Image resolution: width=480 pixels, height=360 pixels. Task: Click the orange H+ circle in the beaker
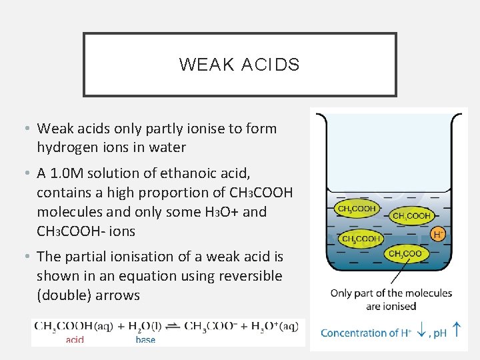439,234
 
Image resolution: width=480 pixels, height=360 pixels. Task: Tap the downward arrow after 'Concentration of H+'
421,331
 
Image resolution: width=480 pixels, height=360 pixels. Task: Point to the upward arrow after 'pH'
457,329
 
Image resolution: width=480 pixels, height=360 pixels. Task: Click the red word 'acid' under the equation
75,339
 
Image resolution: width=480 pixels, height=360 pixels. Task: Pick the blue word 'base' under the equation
145,339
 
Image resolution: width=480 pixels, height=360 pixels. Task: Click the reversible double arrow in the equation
172,326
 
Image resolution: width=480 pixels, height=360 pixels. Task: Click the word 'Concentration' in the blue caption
354,333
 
